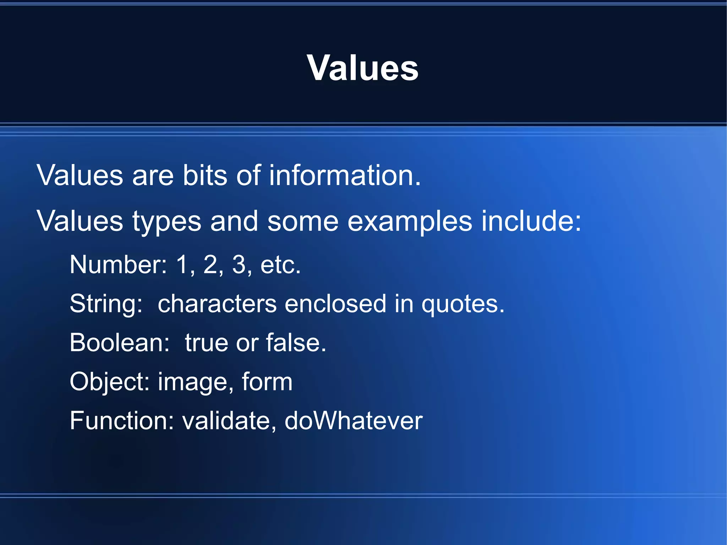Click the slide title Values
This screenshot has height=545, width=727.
coord(363,68)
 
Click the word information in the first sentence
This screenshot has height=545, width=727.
coord(344,175)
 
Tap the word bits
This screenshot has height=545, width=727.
coord(204,175)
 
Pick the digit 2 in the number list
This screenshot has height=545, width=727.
coord(210,265)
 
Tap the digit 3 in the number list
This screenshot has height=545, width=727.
coord(239,265)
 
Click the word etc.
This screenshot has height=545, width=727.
coord(280,265)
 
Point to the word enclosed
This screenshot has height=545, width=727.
coord(335,304)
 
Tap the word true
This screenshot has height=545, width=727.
coord(206,343)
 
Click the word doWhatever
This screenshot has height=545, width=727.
coord(353,421)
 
